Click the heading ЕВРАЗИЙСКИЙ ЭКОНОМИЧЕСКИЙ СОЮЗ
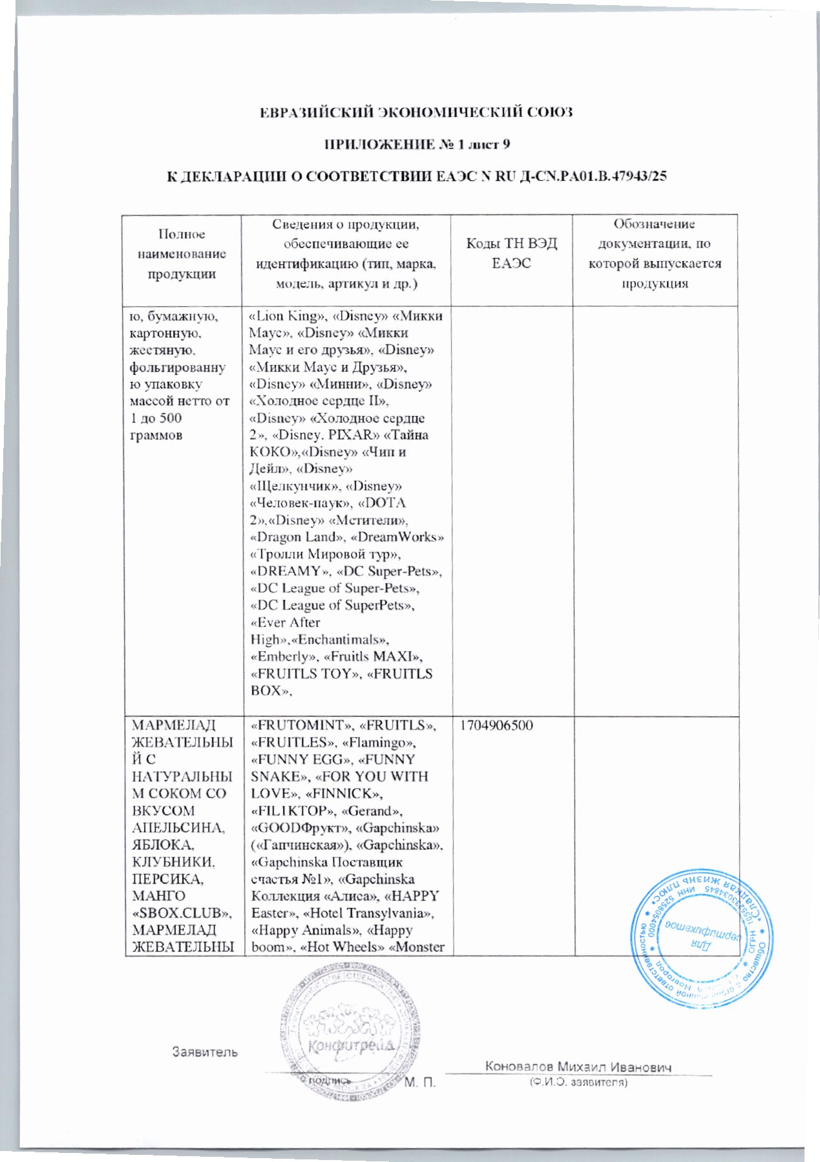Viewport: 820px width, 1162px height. coord(416,112)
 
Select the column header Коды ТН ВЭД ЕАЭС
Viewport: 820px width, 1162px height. coord(511,253)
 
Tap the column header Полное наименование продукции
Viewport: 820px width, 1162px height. coord(182,254)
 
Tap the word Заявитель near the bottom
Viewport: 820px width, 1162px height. coord(205,1051)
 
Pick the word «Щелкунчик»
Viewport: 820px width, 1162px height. coord(294,486)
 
